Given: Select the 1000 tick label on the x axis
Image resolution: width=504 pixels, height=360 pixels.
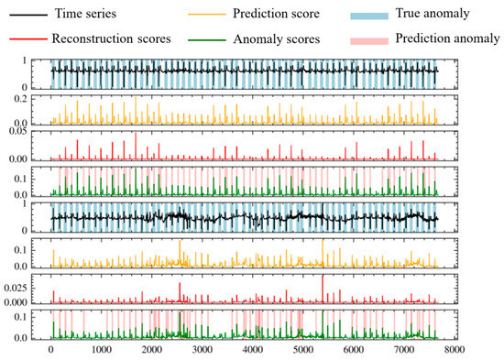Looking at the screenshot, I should click(101, 351).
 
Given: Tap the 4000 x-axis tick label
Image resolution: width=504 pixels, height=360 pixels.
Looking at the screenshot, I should click(251, 351).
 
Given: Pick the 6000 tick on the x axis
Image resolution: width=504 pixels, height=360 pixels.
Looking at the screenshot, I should click(352, 351).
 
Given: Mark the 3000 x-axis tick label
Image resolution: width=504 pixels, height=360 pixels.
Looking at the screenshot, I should click(201, 351).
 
